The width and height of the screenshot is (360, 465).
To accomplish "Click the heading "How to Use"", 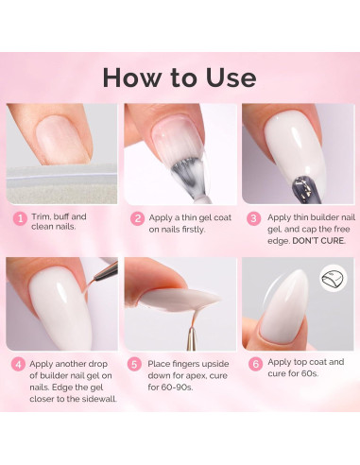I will point(180,77).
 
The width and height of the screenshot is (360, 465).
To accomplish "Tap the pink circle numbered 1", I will point(18,218).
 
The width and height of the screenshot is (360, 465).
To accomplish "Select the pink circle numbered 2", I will point(137,218).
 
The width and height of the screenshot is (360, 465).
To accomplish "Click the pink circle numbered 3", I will point(254,218).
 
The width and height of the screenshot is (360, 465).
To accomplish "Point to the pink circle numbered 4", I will point(18,363).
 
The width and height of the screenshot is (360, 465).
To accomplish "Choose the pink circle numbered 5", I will point(137,363).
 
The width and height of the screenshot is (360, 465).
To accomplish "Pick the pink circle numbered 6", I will point(254,363).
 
